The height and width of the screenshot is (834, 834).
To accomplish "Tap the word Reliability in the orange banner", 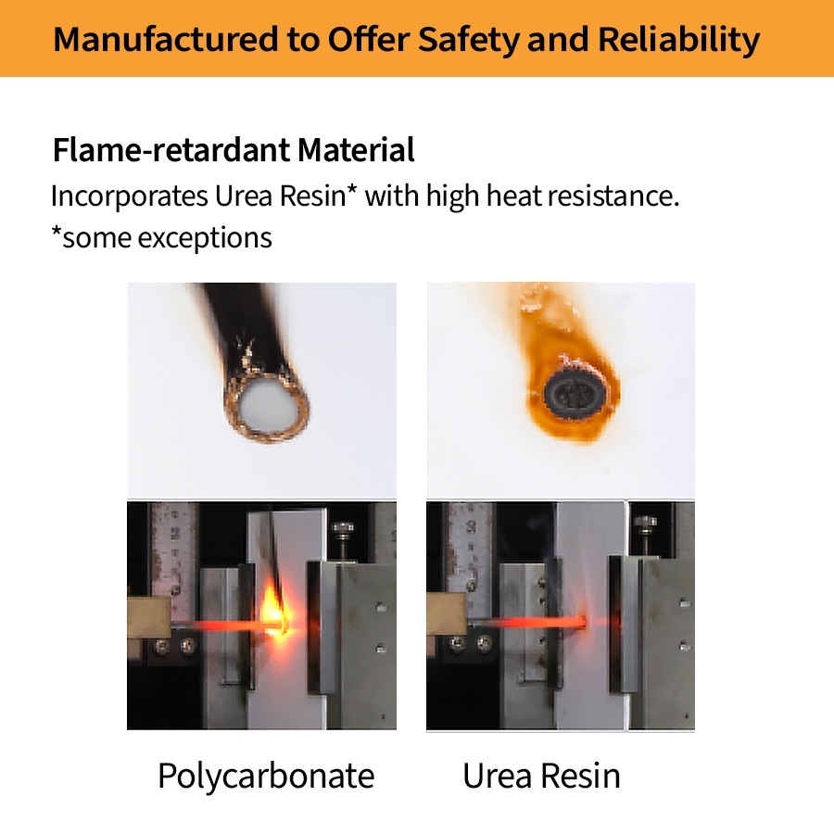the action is [678, 39].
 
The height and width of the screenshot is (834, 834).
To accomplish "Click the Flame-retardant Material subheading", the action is [234, 149].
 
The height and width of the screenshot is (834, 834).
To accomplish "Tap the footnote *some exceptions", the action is [161, 237].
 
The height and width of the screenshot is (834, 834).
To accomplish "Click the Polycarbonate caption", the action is [266, 776].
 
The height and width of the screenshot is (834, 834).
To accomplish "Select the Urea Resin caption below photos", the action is [541, 776].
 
